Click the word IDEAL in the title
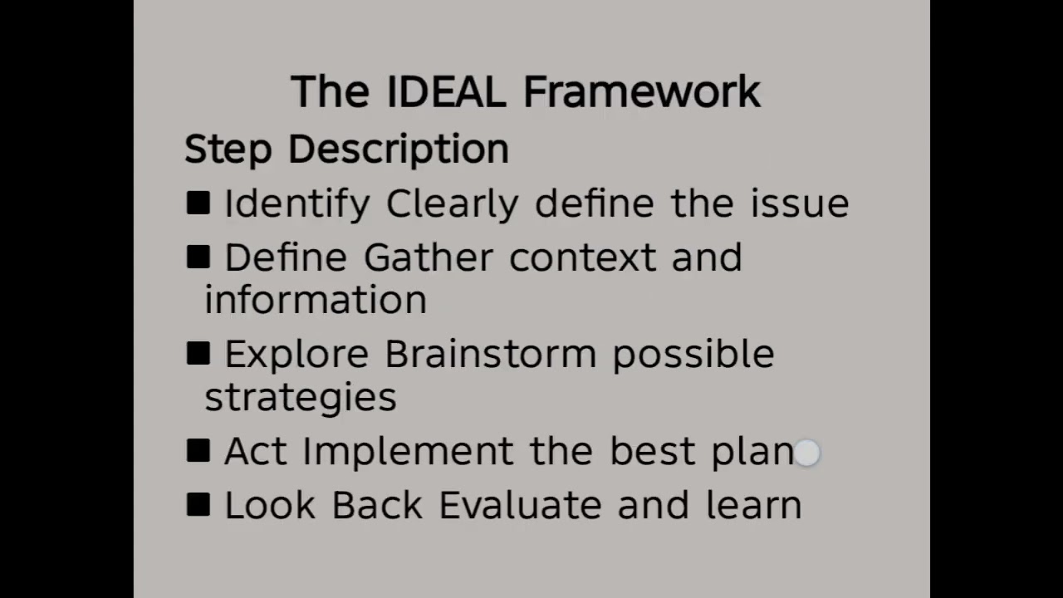click(446, 91)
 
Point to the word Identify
click(296, 204)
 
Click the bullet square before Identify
click(198, 203)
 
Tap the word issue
click(800, 203)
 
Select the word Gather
click(428, 257)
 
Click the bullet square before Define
click(198, 257)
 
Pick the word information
click(316, 300)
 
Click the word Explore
click(296, 355)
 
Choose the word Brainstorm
click(490, 355)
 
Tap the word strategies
click(301, 397)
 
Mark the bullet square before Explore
click(198, 354)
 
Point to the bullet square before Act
click(198, 451)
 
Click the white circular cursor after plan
click(807, 453)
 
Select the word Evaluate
click(520, 506)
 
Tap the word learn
click(754, 506)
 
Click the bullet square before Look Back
click(198, 505)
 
